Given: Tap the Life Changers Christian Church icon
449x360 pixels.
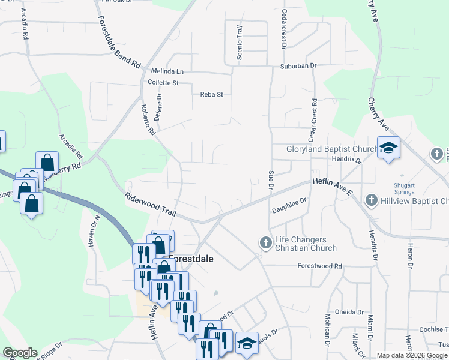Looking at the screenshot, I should pyautogui.click(x=265, y=243).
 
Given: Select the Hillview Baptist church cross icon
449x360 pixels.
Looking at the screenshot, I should pyautogui.click(x=371, y=200).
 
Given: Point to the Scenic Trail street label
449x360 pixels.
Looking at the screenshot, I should pyautogui.click(x=240, y=43).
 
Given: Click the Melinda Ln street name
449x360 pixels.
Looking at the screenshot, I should pyautogui.click(x=167, y=71).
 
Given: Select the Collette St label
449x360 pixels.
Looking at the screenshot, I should pyautogui.click(x=163, y=83).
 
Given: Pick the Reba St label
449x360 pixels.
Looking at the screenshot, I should pyautogui.click(x=211, y=94).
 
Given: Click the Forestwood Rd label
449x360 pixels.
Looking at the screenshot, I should pyautogui.click(x=319, y=266).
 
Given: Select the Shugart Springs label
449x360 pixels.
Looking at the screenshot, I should pyautogui.click(x=405, y=188).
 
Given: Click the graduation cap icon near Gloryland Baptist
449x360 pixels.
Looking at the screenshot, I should pyautogui.click(x=388, y=148).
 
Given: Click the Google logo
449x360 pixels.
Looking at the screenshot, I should pyautogui.click(x=20, y=353).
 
